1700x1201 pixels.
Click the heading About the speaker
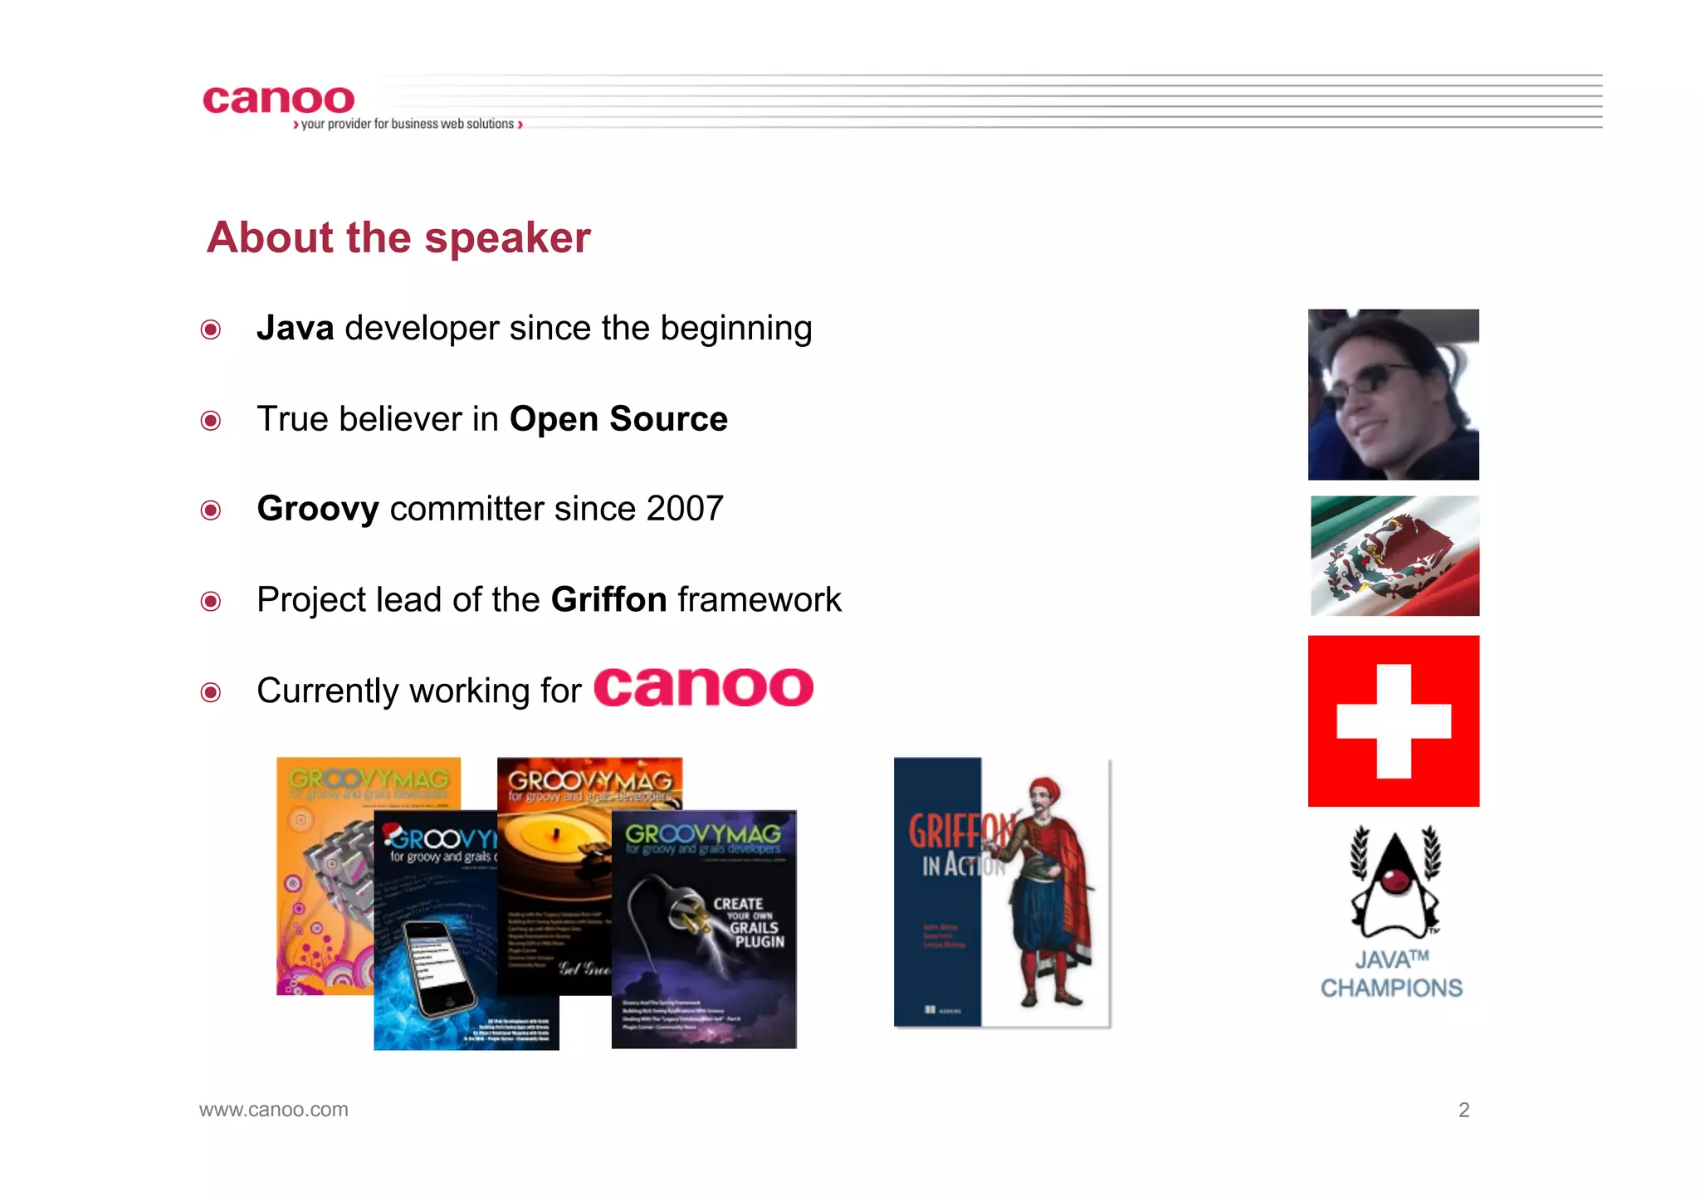click(398, 238)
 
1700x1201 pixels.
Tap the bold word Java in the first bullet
click(295, 329)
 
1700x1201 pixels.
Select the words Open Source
click(618, 419)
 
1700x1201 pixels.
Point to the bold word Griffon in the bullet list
click(608, 600)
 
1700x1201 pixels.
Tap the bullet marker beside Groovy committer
click(211, 510)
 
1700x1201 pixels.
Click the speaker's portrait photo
click(1393, 394)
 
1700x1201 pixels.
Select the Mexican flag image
click(1395, 556)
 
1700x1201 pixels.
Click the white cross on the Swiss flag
click(1394, 720)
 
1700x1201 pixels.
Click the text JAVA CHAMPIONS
click(1391, 974)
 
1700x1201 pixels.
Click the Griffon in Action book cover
click(1001, 892)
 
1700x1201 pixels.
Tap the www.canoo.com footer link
click(274, 1110)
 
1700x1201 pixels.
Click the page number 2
click(1463, 1110)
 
